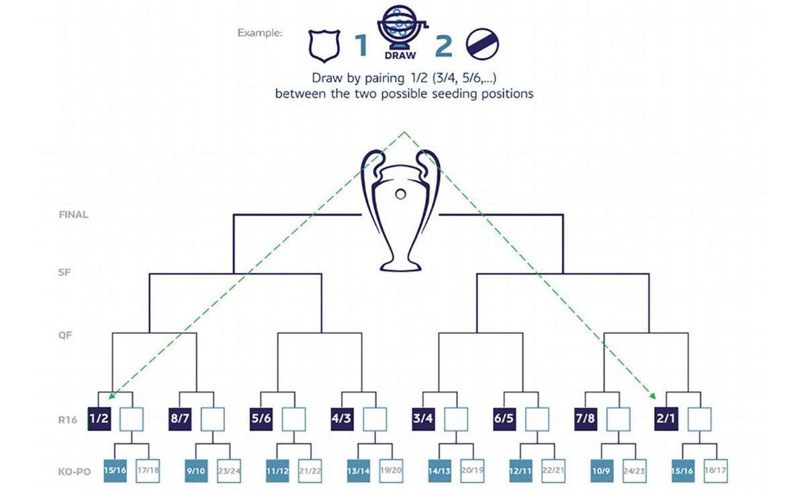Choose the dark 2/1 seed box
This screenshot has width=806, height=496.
pos(665,418)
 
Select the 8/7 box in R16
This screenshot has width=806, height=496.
pos(180,418)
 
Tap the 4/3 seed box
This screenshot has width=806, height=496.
pos(342,418)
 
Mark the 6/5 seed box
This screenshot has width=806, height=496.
pos(504,418)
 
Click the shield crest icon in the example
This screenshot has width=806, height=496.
pos(322,45)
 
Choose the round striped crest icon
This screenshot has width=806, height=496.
pos(482,45)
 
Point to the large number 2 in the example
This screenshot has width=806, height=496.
pos(443,46)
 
